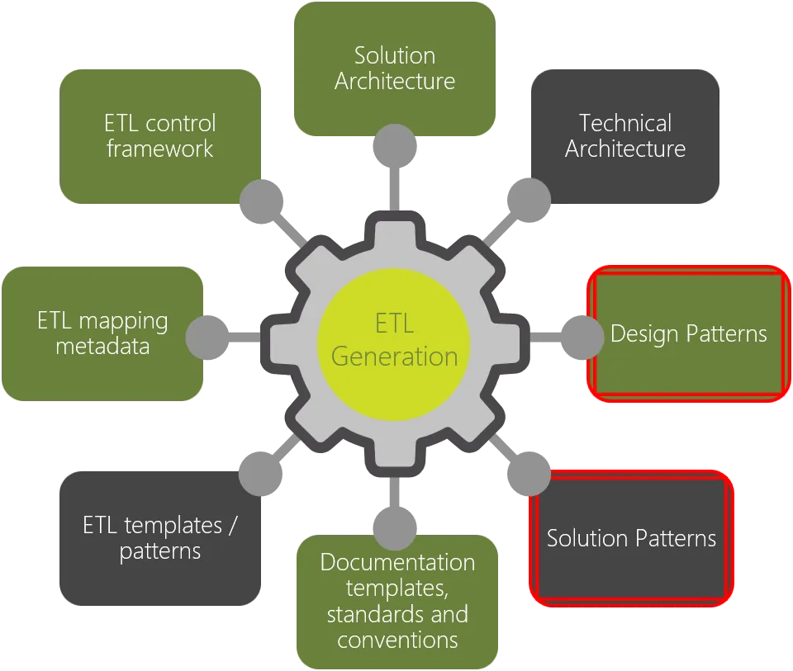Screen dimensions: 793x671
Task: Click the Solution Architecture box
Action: click(395, 69)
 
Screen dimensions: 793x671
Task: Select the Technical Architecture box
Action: click(625, 136)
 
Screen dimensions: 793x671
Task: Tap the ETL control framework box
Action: click(159, 136)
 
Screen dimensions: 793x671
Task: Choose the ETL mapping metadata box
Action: click(102, 333)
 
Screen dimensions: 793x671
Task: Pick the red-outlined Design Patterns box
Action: click(688, 333)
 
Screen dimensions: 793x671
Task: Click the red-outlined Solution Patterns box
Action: click(631, 538)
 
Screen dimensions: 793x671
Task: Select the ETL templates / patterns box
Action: click(159, 538)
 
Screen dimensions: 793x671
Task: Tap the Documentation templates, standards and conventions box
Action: click(397, 602)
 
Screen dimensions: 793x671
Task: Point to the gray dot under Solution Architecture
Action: click(395, 146)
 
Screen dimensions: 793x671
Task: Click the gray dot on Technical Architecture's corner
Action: click(529, 201)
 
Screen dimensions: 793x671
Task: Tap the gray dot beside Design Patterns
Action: click(582, 338)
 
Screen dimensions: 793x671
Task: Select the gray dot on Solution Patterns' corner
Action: click(529, 474)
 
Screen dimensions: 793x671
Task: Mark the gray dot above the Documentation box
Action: click(395, 528)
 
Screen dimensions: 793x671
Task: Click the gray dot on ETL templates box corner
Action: click(260, 474)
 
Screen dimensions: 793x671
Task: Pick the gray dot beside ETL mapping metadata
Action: click(207, 338)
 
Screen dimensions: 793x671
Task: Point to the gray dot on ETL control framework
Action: click(261, 201)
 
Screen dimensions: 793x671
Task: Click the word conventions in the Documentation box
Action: click(397, 640)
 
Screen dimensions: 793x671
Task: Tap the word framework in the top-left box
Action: click(159, 149)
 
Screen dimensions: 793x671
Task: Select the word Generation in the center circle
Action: click(395, 357)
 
